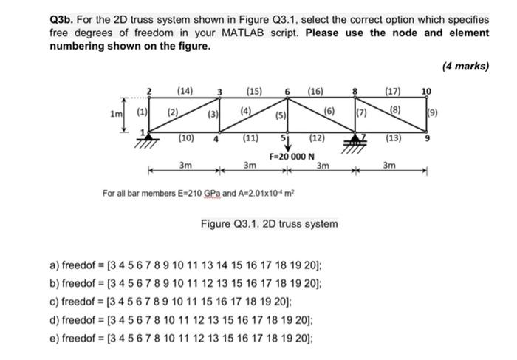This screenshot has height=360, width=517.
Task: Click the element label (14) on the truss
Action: [x=185, y=91]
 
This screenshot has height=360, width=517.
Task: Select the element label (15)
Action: [x=253, y=91]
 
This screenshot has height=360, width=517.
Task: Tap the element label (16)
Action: [x=315, y=91]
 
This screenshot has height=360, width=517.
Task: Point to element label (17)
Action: [x=393, y=91]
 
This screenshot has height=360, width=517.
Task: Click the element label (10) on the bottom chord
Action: [x=187, y=137]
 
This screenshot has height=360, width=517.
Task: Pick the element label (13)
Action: [x=394, y=137]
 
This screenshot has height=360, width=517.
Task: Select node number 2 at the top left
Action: [x=149, y=92]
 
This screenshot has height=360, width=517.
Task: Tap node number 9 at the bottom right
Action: [x=426, y=137]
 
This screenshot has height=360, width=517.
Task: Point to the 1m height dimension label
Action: [x=114, y=115]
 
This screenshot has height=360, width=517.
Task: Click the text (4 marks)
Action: [x=465, y=67]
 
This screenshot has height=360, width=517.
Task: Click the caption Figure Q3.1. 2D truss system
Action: [x=270, y=223]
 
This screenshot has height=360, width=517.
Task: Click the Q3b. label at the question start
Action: [x=64, y=18]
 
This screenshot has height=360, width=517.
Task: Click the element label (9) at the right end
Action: [x=433, y=114]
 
